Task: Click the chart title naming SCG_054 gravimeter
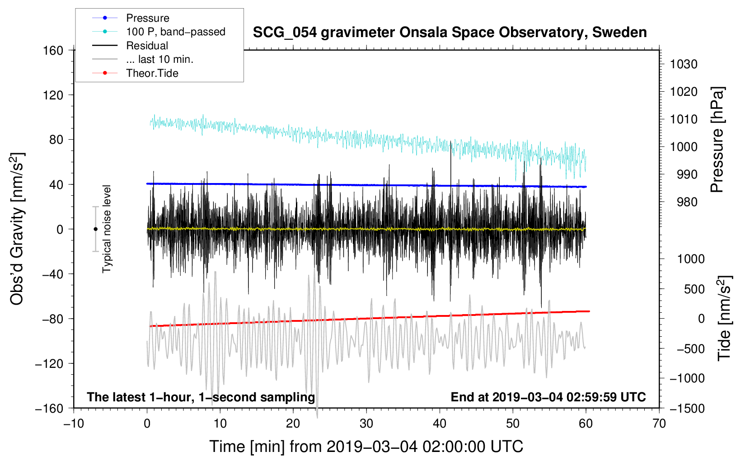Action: coord(450,33)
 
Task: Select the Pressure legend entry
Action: coord(147,18)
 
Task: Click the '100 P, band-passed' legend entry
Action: coord(175,32)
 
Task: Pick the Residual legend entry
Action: coord(147,46)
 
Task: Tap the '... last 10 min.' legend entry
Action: coord(159,59)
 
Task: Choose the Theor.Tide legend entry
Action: coord(152,73)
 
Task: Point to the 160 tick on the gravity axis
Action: coord(53,50)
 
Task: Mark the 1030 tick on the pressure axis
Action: coord(684,64)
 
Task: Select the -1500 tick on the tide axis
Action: coord(687,408)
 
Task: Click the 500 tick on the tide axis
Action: coord(694,289)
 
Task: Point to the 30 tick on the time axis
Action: coord(366,423)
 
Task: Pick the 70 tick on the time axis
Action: coord(659,423)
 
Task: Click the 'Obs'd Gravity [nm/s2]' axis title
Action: coord(17,229)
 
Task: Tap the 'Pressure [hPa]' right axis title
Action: coord(717,140)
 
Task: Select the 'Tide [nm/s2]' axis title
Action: coord(724,319)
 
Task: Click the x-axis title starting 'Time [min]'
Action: coord(366,447)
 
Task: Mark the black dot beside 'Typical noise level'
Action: coord(95,229)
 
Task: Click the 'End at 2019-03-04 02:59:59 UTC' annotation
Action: coord(548,397)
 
